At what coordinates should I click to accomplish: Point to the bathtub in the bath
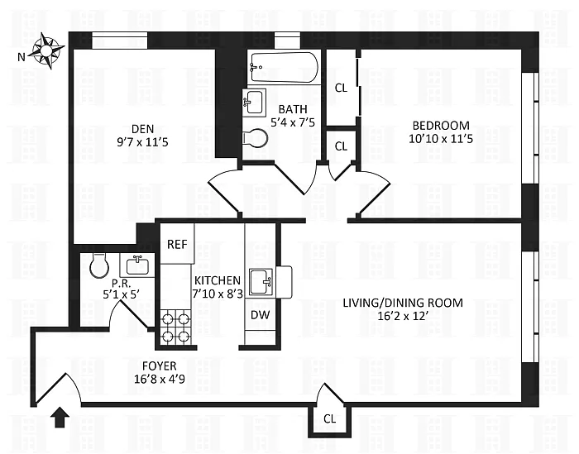[x=283, y=67]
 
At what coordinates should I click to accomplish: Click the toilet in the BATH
[x=257, y=138]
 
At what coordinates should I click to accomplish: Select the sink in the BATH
[x=255, y=103]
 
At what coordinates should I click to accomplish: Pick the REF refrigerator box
[x=177, y=244]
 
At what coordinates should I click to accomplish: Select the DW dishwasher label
[x=259, y=315]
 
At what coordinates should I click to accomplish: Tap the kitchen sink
[x=263, y=280]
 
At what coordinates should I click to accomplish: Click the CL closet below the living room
[x=329, y=419]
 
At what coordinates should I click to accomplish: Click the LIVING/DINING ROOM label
[x=403, y=302]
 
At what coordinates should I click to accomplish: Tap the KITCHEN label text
[x=218, y=281]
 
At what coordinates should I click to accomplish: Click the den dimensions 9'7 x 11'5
[x=141, y=141]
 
